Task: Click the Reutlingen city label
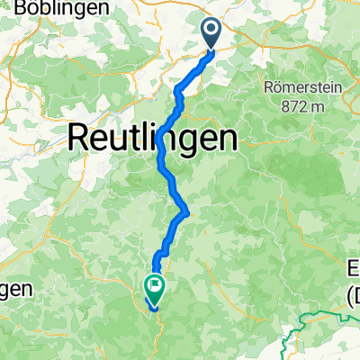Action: click(154, 139)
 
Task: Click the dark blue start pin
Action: click(212, 34)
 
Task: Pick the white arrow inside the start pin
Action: click(212, 32)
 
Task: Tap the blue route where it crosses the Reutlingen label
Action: click(161, 141)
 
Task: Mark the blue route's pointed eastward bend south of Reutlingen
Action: click(186, 212)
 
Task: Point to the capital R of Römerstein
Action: click(268, 89)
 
